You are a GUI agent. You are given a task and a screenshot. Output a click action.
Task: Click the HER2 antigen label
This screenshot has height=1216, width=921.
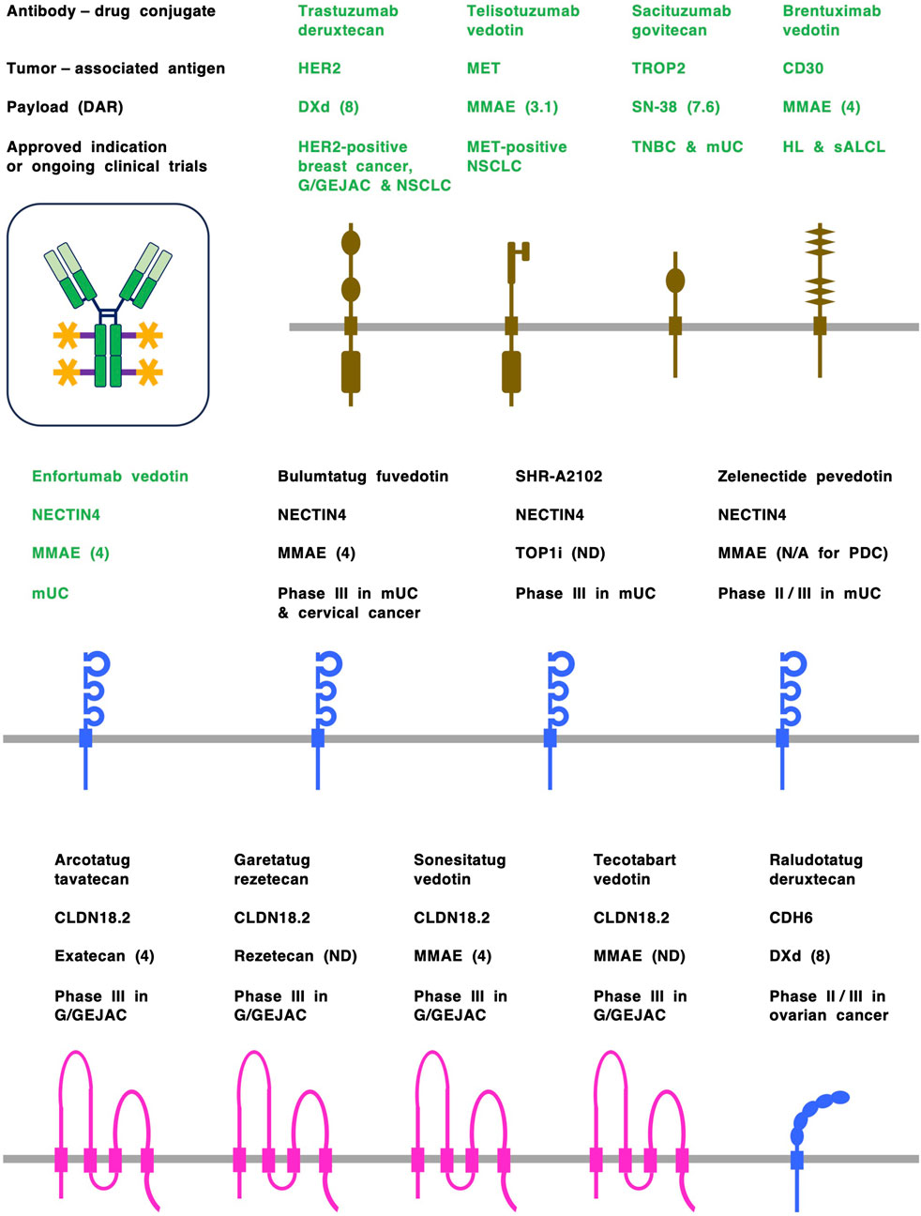click(319, 68)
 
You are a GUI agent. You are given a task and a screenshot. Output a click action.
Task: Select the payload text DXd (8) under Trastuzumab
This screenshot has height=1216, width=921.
click(328, 107)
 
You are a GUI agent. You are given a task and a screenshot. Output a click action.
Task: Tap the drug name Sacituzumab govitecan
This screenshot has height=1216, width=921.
click(681, 21)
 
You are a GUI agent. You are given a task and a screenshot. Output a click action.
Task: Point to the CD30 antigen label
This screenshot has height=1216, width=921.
click(803, 68)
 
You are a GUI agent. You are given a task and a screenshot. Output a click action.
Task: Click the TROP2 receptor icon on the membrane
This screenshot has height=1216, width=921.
click(675, 314)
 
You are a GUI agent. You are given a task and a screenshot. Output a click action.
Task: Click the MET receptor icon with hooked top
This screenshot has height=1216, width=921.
click(512, 319)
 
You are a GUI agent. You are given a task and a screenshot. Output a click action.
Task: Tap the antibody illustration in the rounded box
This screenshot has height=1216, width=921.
click(108, 314)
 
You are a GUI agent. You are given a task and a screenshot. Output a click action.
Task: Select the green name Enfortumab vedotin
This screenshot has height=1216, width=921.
click(110, 477)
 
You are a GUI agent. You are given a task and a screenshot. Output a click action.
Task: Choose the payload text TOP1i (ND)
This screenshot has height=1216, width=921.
click(560, 554)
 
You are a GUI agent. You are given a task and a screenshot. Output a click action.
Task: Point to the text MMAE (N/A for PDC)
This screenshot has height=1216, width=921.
click(802, 554)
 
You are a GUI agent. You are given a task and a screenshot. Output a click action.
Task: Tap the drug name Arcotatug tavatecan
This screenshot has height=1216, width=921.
click(92, 870)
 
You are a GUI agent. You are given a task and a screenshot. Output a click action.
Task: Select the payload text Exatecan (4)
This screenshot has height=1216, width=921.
click(104, 956)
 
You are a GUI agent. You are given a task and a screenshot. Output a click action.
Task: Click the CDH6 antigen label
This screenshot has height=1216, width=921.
click(791, 918)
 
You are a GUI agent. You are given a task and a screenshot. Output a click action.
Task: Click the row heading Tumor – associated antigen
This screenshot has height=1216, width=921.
click(115, 68)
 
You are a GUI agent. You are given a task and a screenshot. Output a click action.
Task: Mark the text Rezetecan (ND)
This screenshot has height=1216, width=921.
click(295, 956)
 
